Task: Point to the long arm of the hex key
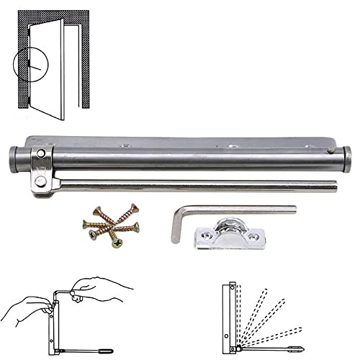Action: click(x=238, y=210)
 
